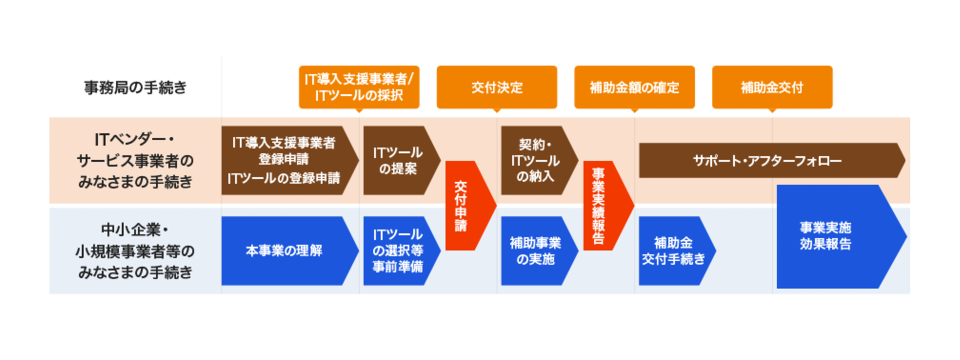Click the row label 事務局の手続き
[135, 87]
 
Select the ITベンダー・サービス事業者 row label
[135, 160]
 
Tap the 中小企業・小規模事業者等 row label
[135, 251]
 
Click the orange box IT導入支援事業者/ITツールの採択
[359, 87]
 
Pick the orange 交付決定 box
[496, 87]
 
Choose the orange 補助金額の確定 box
[634, 87]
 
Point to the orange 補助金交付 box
[772, 87]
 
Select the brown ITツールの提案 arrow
[398, 160]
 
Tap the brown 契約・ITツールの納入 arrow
[536, 160]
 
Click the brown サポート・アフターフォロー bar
[767, 160]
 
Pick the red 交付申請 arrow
[465, 205]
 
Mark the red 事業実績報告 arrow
[603, 205]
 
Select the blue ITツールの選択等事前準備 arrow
[398, 251]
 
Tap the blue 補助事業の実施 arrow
[536, 251]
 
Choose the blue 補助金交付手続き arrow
[673, 251]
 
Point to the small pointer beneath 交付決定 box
[496, 110]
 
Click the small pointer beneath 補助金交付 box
[772, 110]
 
